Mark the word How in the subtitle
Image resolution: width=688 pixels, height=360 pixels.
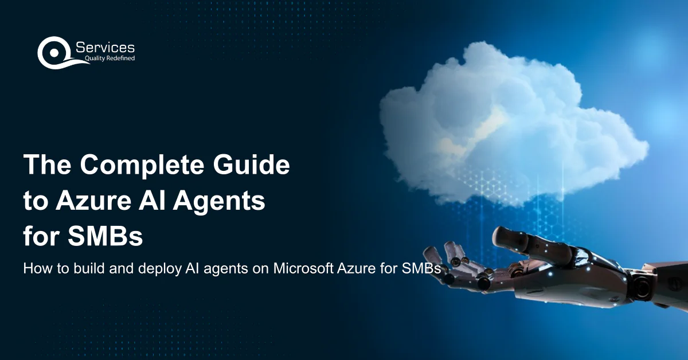[x=34, y=268]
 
